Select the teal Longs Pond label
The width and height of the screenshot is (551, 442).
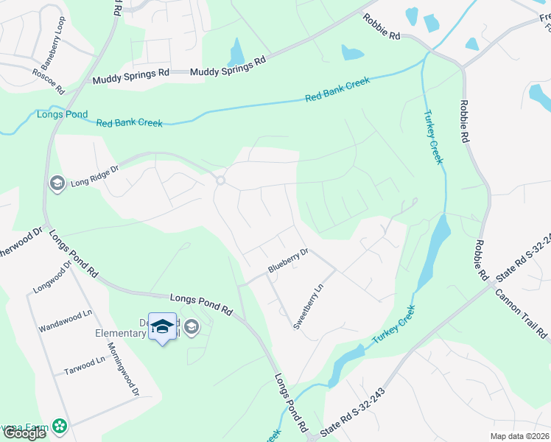click(62, 114)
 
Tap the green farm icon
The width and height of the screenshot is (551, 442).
click(58, 426)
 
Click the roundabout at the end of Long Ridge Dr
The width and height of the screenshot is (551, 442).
click(220, 180)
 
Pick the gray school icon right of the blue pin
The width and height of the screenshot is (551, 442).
click(192, 327)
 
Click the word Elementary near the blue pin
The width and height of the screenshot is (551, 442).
click(122, 333)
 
